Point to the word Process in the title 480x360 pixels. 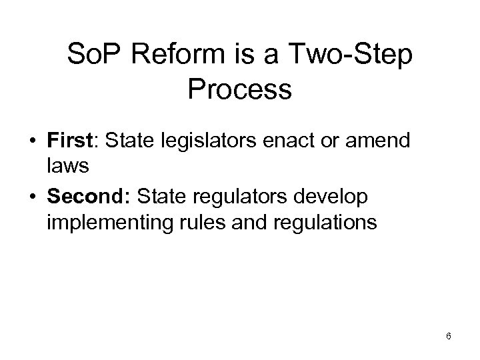click(239, 89)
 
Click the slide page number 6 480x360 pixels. click(449, 336)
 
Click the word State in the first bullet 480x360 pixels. click(128, 141)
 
